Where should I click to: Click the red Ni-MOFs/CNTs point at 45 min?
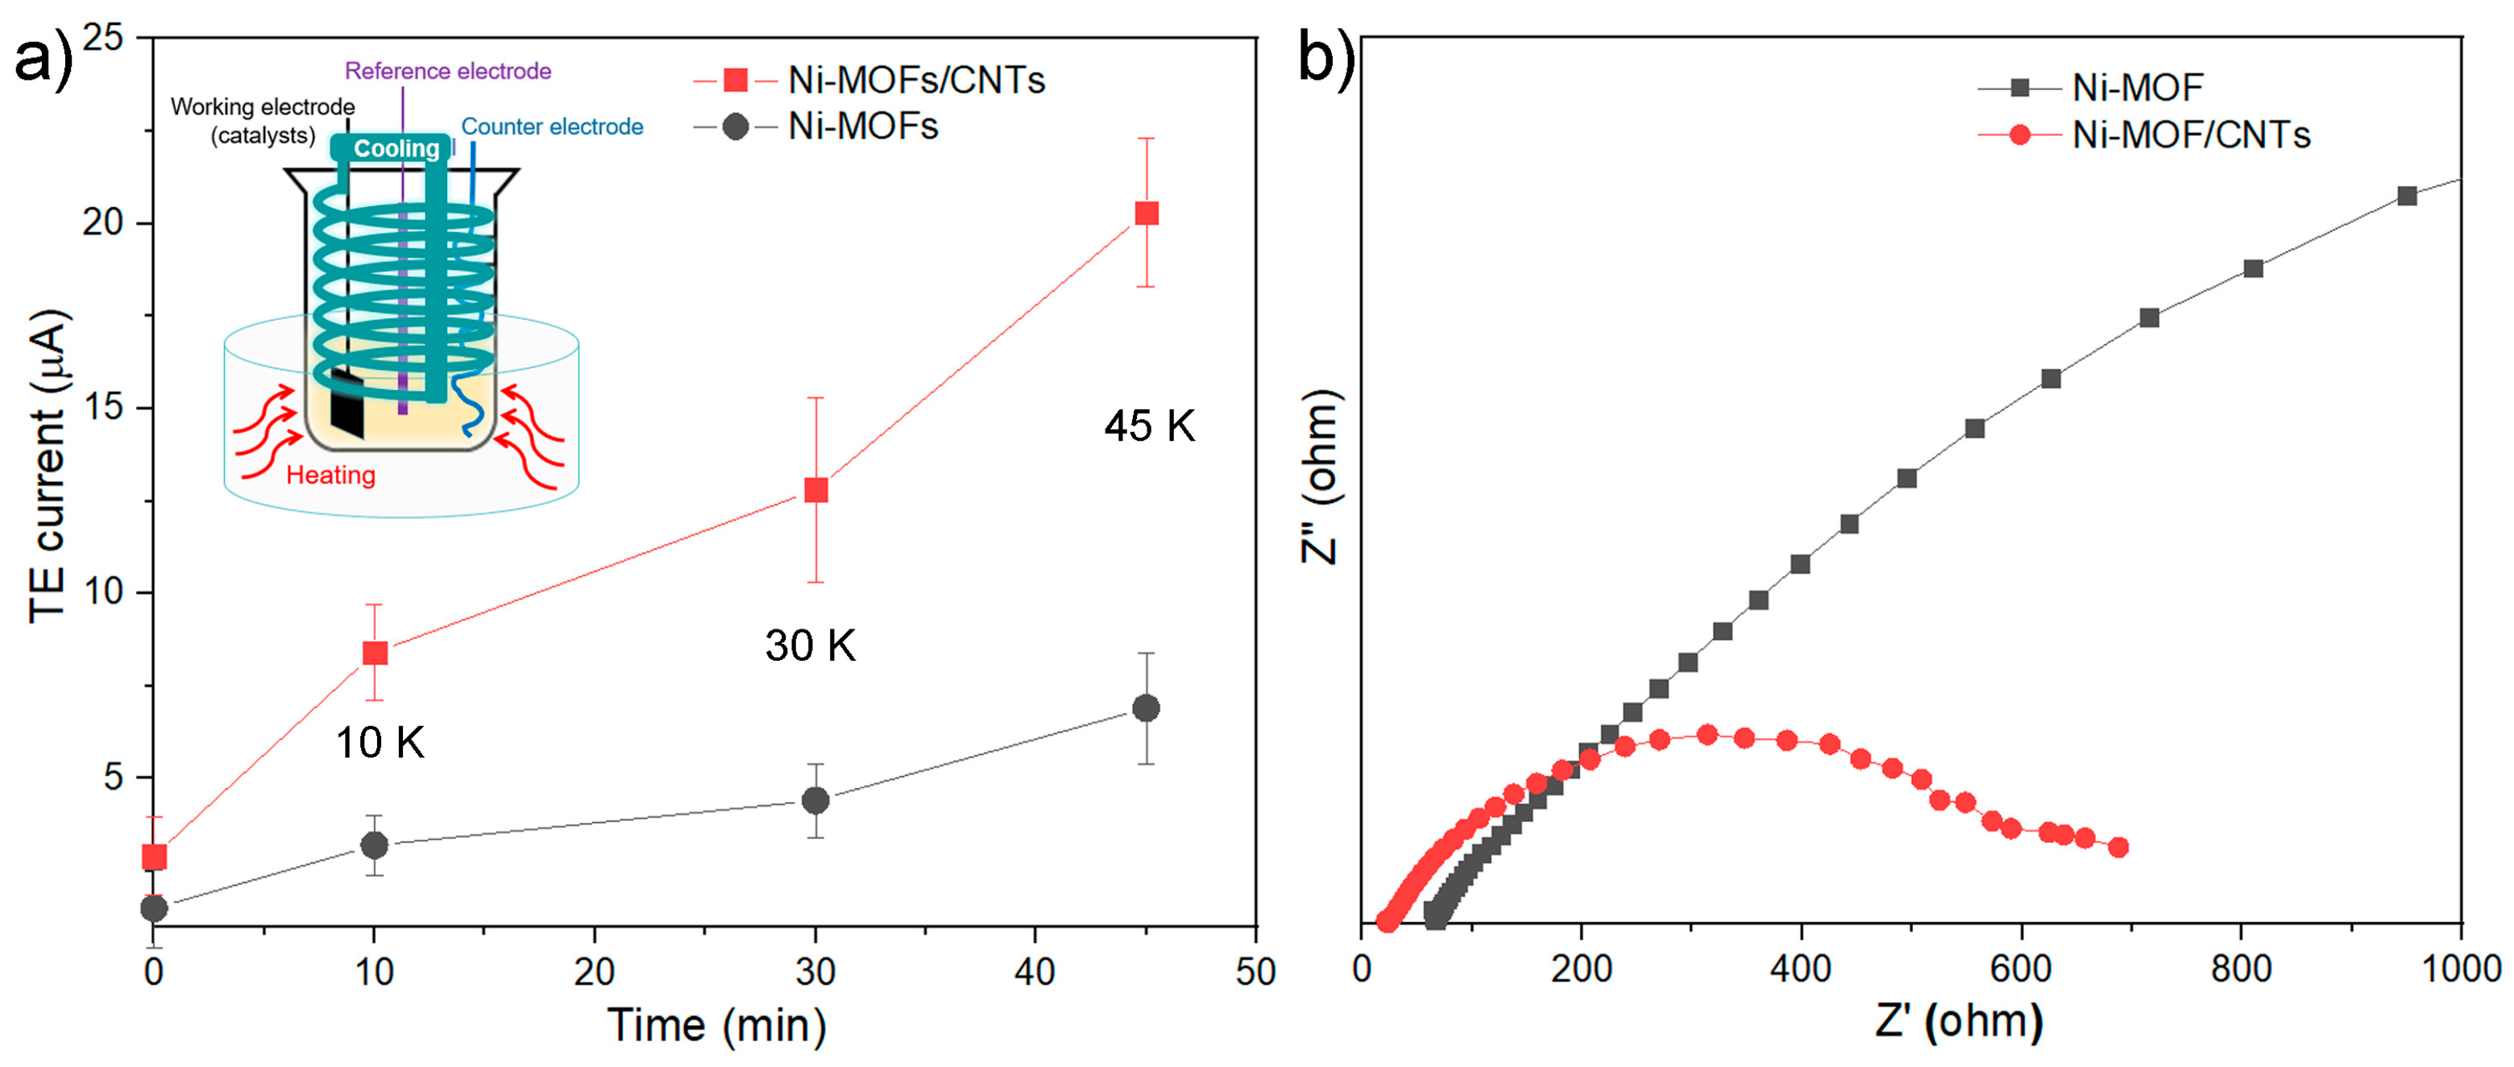point(1147,213)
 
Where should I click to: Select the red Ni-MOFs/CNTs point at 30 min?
point(816,490)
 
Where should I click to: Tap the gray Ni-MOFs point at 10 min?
point(375,845)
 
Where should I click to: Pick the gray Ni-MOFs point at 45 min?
point(1147,708)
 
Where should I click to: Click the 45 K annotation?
point(1150,426)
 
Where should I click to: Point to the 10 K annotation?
point(380,743)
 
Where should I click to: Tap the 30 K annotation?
point(810,646)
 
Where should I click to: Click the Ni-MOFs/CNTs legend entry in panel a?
point(869,80)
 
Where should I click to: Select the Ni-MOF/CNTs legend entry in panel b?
point(2144,135)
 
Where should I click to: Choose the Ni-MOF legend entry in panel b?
point(2090,88)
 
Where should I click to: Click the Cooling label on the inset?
point(396,148)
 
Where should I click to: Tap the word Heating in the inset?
point(331,475)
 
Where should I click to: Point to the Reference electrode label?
point(448,71)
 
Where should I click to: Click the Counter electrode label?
point(553,127)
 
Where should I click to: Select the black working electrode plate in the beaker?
point(347,403)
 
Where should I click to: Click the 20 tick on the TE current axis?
point(103,222)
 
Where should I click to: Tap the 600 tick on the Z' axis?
point(2020,969)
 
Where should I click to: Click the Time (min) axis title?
point(717,1026)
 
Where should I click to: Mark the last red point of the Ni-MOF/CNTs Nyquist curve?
point(2118,847)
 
